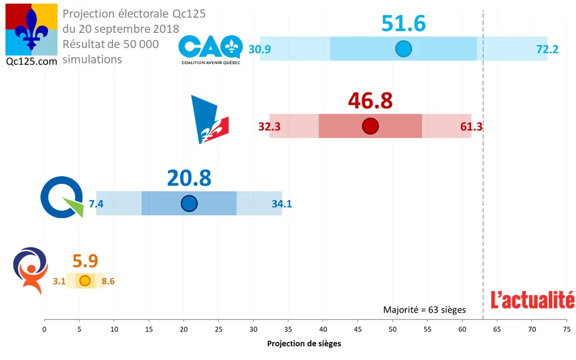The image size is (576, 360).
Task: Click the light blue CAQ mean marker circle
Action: pyautogui.click(x=404, y=49)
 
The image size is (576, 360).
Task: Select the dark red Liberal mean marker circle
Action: pyautogui.click(x=370, y=126)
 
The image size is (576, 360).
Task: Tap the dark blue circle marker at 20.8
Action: pyautogui.click(x=189, y=204)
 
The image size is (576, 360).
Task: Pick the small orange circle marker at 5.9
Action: pyautogui.click(x=85, y=281)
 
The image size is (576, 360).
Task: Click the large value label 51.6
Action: pyautogui.click(x=403, y=24)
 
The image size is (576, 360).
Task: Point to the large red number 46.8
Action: pyautogui.click(x=370, y=101)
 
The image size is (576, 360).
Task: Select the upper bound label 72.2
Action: pyautogui.click(x=547, y=49)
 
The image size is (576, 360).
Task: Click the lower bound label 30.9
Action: pyautogui.click(x=259, y=49)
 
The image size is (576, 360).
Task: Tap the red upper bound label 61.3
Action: pyautogui.click(x=471, y=127)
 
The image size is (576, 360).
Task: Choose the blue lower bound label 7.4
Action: pyautogui.click(x=96, y=204)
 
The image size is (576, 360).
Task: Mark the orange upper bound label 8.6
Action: pyautogui.click(x=108, y=281)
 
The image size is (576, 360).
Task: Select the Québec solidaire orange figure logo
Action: pyautogui.click(x=30, y=270)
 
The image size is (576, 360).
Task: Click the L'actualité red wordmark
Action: pyautogui.click(x=533, y=300)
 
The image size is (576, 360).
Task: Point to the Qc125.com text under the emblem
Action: pyautogui.click(x=31, y=61)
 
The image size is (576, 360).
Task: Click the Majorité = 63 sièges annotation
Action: pyautogui.click(x=425, y=310)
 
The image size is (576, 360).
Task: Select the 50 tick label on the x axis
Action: pyautogui.click(x=393, y=329)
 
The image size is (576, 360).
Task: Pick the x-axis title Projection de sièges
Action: pyautogui.click(x=304, y=344)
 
